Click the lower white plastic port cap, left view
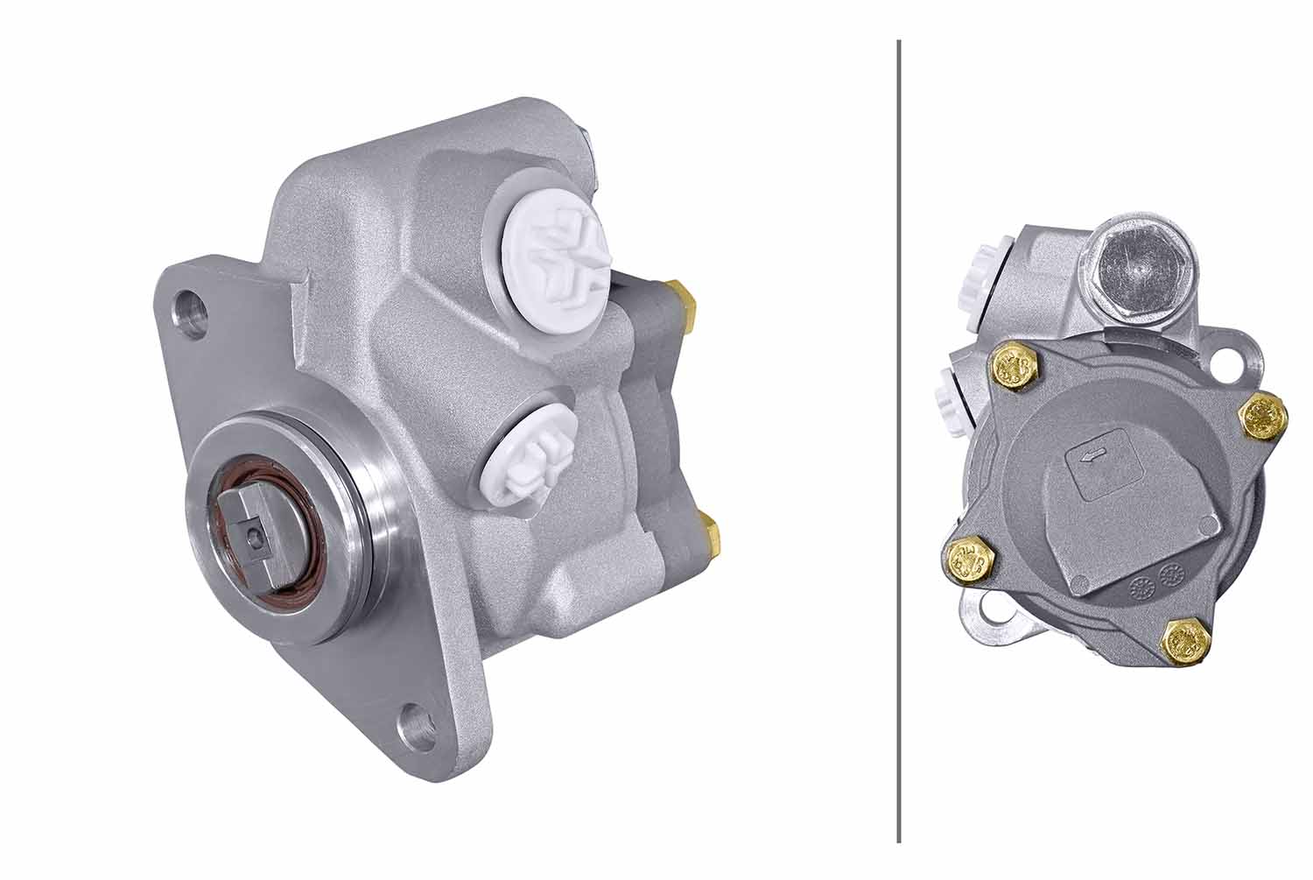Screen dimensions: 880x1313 point(530,456)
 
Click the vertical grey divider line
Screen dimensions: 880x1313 point(899,438)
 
